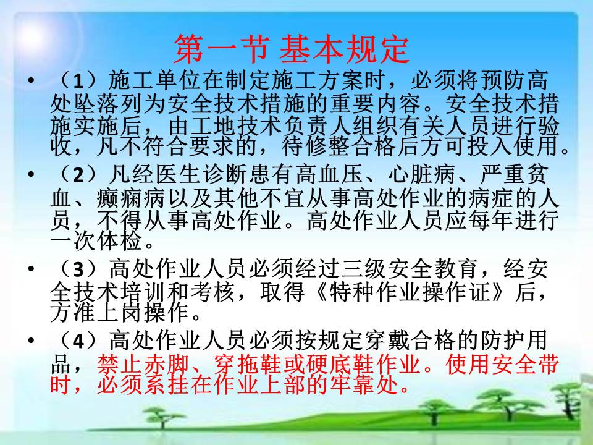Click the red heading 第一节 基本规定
click(x=292, y=49)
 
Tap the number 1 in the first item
click(x=78, y=80)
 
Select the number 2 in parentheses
click(x=78, y=174)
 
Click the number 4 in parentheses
click(x=78, y=341)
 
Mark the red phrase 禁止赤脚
click(x=143, y=365)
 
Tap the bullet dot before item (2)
click(x=31, y=174)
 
